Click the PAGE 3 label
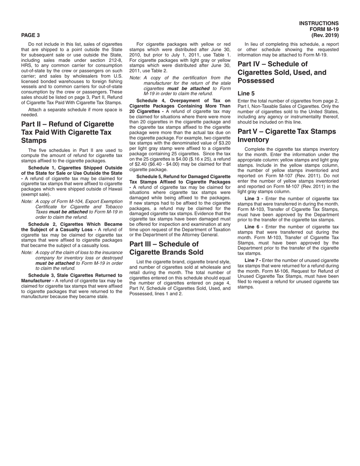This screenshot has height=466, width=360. click(30, 35)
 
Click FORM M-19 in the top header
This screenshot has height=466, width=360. click(324, 30)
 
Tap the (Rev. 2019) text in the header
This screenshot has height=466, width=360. click(325, 35)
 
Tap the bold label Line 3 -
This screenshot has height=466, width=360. click(254, 199)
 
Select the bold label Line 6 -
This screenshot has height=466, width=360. click(254, 227)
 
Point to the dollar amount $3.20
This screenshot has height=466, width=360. click(224, 143)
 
